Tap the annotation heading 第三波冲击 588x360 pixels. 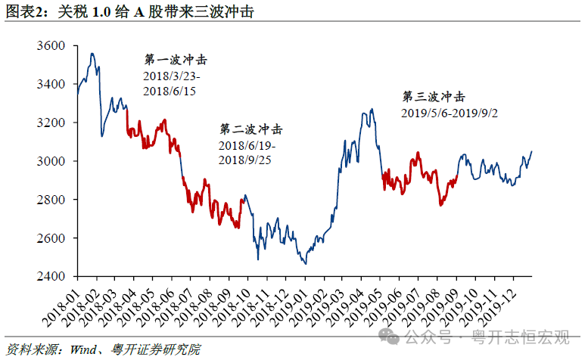click(x=433, y=97)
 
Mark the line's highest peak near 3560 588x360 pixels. click(x=92, y=54)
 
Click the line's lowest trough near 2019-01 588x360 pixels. click(x=305, y=263)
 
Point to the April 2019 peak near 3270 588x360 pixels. click(x=372, y=110)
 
